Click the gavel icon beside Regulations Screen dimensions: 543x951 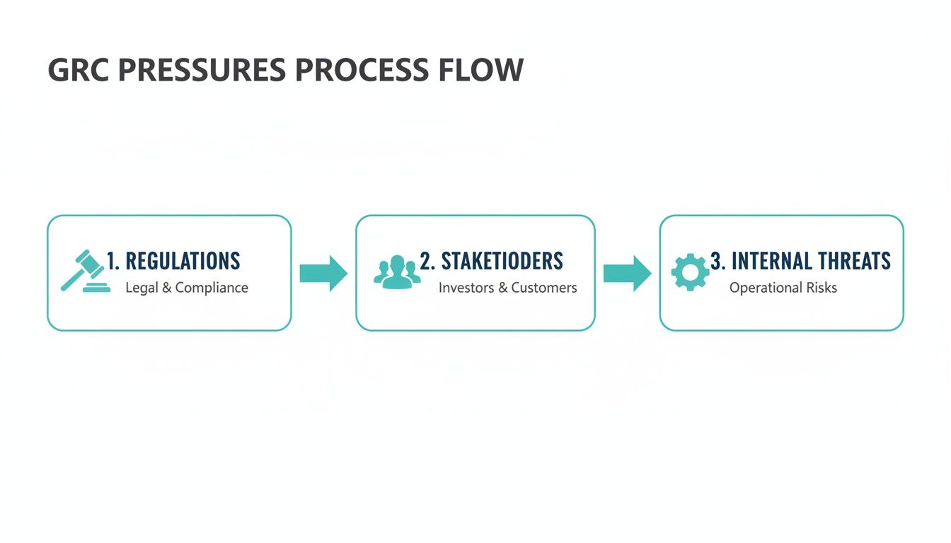pyautogui.click(x=85, y=271)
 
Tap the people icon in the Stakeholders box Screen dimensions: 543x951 pyautogui.click(x=397, y=272)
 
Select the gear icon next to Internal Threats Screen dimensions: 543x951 pyautogui.click(x=690, y=272)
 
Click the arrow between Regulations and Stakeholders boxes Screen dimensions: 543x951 pyautogui.click(x=323, y=272)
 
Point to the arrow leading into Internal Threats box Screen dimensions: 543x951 pyautogui.click(x=627, y=273)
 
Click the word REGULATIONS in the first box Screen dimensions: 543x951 pyautogui.click(x=183, y=262)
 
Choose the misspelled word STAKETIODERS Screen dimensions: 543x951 pyautogui.click(x=502, y=262)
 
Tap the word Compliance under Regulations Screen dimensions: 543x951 pyautogui.click(x=212, y=288)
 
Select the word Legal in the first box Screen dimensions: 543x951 pyautogui.click(x=142, y=288)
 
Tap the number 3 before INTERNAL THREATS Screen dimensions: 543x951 pyautogui.click(x=716, y=262)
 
